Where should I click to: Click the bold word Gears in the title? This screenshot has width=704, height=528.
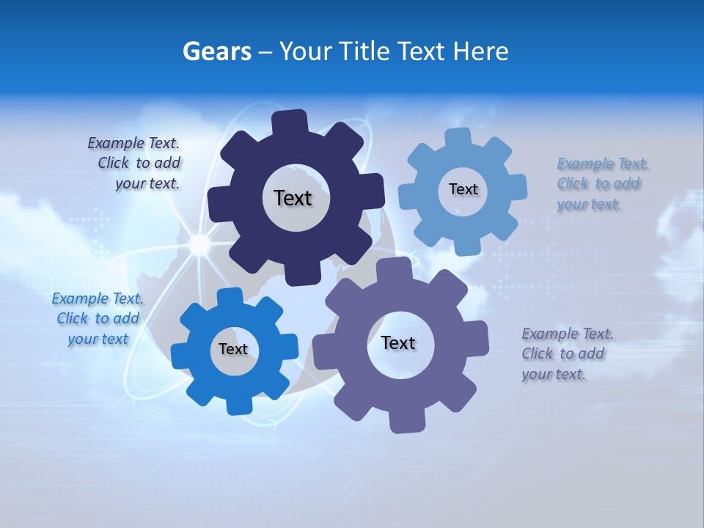coord(216,51)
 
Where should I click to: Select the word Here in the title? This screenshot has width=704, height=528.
coord(480,51)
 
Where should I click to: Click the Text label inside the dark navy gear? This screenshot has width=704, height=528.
coord(293,198)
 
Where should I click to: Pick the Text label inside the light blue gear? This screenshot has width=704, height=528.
coord(463,189)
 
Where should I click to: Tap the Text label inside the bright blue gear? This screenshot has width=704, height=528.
coord(233,349)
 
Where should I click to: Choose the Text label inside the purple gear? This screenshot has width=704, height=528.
coord(398,342)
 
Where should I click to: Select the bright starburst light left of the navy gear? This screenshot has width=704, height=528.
coord(199,243)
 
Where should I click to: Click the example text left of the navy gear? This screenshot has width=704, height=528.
coord(136,164)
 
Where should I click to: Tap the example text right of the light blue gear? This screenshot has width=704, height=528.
coord(601,183)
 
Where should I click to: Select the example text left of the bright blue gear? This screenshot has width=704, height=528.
coord(98,318)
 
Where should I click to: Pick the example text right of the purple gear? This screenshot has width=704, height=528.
coord(566,353)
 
